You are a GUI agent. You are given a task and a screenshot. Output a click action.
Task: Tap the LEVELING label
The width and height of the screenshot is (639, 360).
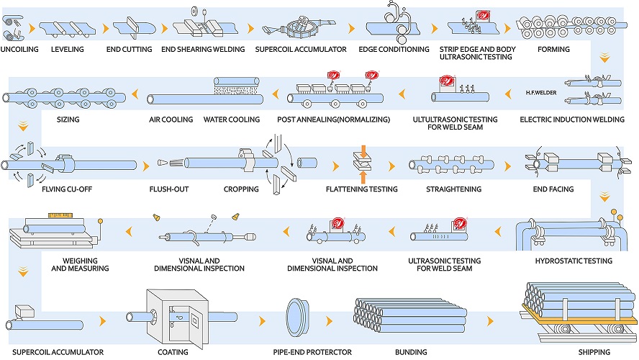click(68, 50)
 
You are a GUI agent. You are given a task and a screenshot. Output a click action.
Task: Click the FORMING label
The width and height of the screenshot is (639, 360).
click(553, 50)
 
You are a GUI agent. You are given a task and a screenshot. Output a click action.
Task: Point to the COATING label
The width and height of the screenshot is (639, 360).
click(173, 352)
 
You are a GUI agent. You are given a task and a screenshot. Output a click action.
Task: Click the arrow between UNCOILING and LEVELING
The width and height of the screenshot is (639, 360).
click(30, 29)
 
